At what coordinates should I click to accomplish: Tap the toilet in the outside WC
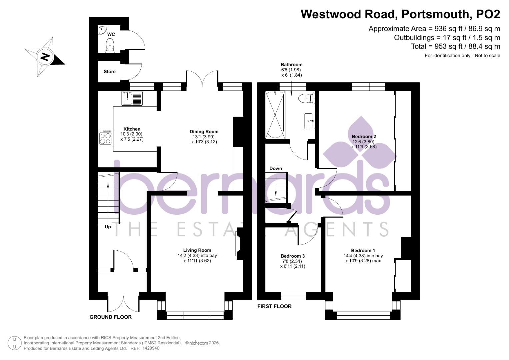pyautogui.click(x=110, y=45)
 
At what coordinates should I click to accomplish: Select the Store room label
pyautogui.click(x=109, y=72)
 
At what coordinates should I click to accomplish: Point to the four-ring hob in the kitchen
pyautogui.click(x=105, y=137)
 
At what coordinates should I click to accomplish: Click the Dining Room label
pyautogui.click(x=204, y=132)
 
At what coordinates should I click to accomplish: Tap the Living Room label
pyautogui.click(x=197, y=250)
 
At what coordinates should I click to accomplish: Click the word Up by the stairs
pyautogui.click(x=108, y=227)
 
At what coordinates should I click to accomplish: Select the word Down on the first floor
pyautogui.click(x=275, y=168)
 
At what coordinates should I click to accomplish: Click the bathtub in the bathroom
pyautogui.click(x=275, y=115)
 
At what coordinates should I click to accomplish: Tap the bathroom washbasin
pyautogui.click(x=309, y=120)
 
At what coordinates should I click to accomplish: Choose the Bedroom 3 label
pyautogui.click(x=292, y=256)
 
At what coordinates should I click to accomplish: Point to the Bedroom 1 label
pyautogui.click(x=363, y=251)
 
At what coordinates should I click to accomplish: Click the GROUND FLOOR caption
pyautogui.click(x=110, y=317)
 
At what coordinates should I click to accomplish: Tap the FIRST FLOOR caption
pyautogui.click(x=274, y=306)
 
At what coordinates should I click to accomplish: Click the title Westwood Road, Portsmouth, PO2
pyautogui.click(x=400, y=14)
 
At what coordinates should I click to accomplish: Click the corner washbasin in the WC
pyautogui.click(x=102, y=30)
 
